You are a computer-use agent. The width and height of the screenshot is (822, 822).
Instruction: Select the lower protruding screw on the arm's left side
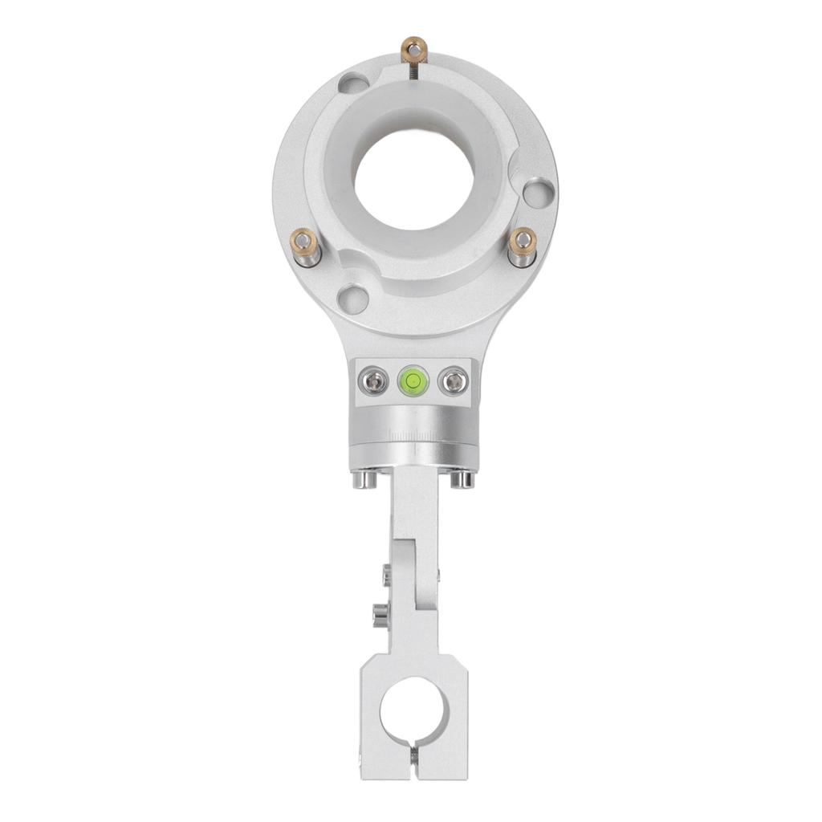click(x=377, y=616)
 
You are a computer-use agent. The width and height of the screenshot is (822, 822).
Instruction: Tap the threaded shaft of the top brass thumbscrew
click(x=415, y=70)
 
